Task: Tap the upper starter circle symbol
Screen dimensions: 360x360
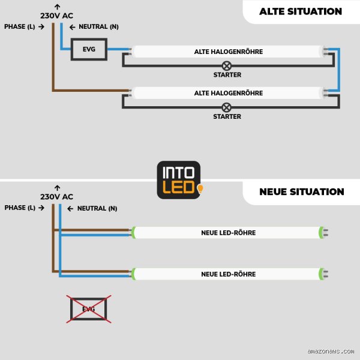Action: click(227, 66)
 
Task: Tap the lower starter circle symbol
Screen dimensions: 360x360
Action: click(227, 107)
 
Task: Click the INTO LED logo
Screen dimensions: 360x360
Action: click(179, 180)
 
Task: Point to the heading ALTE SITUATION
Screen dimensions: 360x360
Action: click(301, 11)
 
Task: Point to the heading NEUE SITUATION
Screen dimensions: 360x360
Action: click(302, 192)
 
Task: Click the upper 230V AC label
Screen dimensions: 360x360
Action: click(57, 16)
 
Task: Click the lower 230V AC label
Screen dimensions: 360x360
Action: click(57, 197)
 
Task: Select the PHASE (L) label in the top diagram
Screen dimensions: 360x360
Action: click(20, 26)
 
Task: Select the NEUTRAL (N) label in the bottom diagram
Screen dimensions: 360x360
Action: click(97, 208)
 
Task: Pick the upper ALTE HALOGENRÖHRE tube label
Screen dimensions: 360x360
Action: click(229, 52)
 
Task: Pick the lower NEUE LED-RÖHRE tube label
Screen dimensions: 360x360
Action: click(229, 274)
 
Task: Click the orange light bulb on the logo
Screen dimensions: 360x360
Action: click(200, 189)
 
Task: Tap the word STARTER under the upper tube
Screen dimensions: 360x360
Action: click(227, 75)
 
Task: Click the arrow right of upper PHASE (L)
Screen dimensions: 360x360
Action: click(41, 26)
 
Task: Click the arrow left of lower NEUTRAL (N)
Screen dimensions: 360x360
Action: click(70, 209)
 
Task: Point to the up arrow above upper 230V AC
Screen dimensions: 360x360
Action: click(58, 7)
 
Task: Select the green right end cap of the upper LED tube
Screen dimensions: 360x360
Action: click(321, 233)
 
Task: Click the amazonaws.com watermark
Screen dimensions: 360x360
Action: click(331, 351)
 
